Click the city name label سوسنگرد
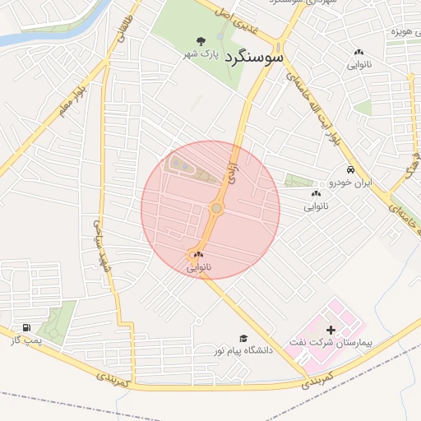click(252, 58)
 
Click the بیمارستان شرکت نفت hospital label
click(331, 340)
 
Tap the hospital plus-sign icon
click(331, 329)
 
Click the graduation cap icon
click(243, 338)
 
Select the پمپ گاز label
click(27, 340)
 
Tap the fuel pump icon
click(28, 328)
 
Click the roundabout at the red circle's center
click(216, 210)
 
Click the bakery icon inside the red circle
click(198, 255)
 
